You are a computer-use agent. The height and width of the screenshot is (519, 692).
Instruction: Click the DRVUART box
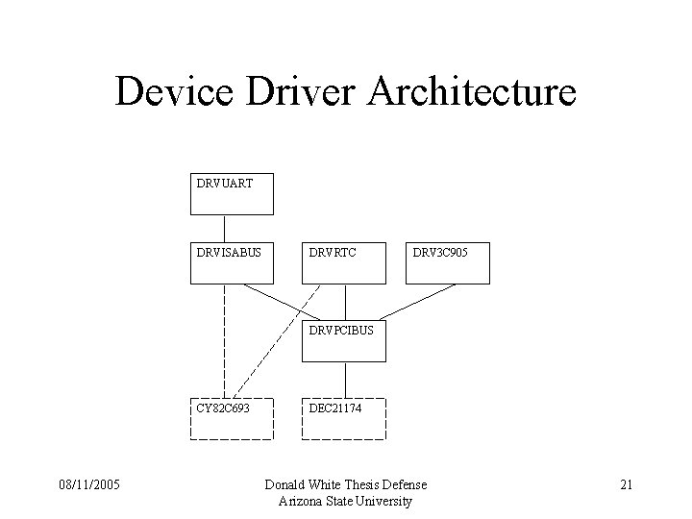click(x=232, y=193)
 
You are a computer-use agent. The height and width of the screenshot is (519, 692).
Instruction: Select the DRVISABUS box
click(x=232, y=263)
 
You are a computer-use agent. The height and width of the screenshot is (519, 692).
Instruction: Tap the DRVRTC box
click(x=343, y=263)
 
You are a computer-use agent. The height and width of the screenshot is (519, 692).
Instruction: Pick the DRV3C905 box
click(x=447, y=263)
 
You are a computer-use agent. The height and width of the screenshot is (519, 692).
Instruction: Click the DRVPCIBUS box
click(x=343, y=341)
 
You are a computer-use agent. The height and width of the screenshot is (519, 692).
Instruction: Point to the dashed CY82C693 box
click(x=232, y=418)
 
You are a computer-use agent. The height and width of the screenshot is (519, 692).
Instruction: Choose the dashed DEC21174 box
click(x=343, y=418)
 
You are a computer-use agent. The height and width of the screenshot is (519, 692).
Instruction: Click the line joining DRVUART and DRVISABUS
click(x=225, y=229)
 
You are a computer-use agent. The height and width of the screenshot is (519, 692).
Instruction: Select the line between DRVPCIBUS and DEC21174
click(x=343, y=381)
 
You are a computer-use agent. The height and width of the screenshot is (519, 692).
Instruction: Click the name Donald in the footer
click(x=287, y=484)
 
